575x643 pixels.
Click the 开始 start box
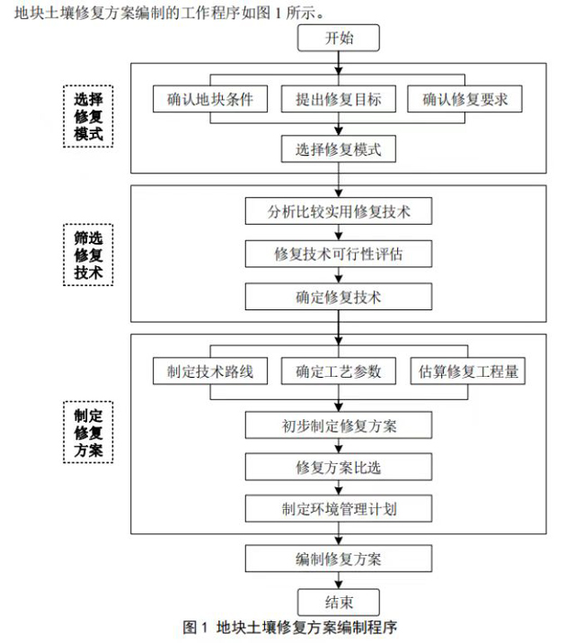339,38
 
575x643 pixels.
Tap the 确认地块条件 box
217,99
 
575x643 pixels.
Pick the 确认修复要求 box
464,99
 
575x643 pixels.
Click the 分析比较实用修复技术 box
339,212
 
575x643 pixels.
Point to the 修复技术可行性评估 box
339,254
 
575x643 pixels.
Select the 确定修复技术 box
339,297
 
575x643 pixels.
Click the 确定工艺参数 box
339,371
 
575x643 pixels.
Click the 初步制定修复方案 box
339,424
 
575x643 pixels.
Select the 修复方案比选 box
339,467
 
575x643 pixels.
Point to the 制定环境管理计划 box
339,508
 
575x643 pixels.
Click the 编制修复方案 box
339,558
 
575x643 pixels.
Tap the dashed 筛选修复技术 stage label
88,254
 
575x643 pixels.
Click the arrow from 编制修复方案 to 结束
339,580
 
